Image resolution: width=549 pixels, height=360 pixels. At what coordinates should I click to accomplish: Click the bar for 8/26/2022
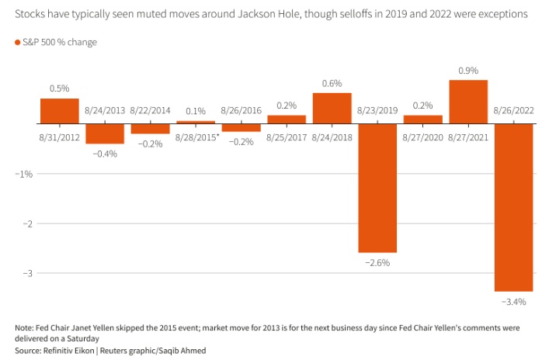pos(513,206)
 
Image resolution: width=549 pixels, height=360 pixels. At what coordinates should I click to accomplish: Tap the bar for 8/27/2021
pos(468,102)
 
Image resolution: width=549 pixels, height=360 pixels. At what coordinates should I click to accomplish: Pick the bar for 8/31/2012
pos(60,111)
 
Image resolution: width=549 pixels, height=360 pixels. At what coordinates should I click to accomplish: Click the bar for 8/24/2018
pos(332,108)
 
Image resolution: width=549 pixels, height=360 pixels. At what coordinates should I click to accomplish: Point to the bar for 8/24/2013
pos(105,133)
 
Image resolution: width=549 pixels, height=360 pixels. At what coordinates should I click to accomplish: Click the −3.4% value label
pos(513,301)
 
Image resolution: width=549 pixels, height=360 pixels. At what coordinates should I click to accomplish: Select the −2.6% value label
pos(377,263)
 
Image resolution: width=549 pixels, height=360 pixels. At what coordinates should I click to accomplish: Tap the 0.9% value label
pos(468,71)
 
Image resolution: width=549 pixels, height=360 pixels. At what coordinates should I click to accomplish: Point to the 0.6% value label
pos(332,84)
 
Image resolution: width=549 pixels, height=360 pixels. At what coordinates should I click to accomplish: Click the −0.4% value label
pos(105,154)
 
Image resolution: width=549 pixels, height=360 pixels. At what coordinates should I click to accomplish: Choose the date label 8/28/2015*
pos(196,137)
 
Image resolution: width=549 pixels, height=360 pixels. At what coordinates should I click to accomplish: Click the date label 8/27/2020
pos(422,137)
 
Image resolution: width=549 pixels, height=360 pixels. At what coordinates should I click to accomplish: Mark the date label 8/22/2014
pos(151,111)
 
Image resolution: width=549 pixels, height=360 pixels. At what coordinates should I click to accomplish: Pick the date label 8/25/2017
pos(287,137)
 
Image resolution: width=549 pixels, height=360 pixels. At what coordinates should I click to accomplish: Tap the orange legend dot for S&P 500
pos(18,42)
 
